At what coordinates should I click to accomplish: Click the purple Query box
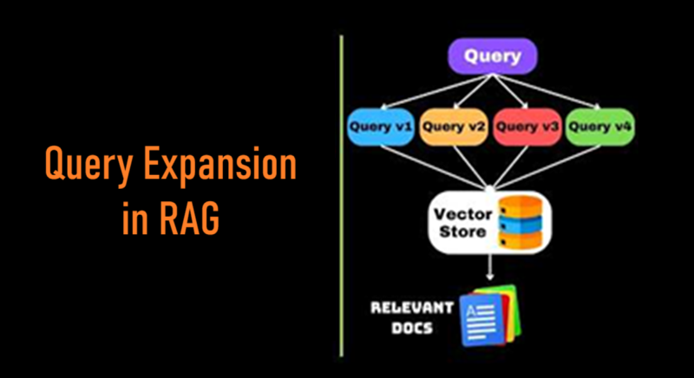[x=492, y=57]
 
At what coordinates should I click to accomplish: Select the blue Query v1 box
[x=380, y=127]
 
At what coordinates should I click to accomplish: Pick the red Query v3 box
[x=527, y=127]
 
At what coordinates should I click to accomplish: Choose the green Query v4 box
[x=599, y=127]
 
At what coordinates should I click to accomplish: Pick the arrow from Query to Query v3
[x=513, y=92]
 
